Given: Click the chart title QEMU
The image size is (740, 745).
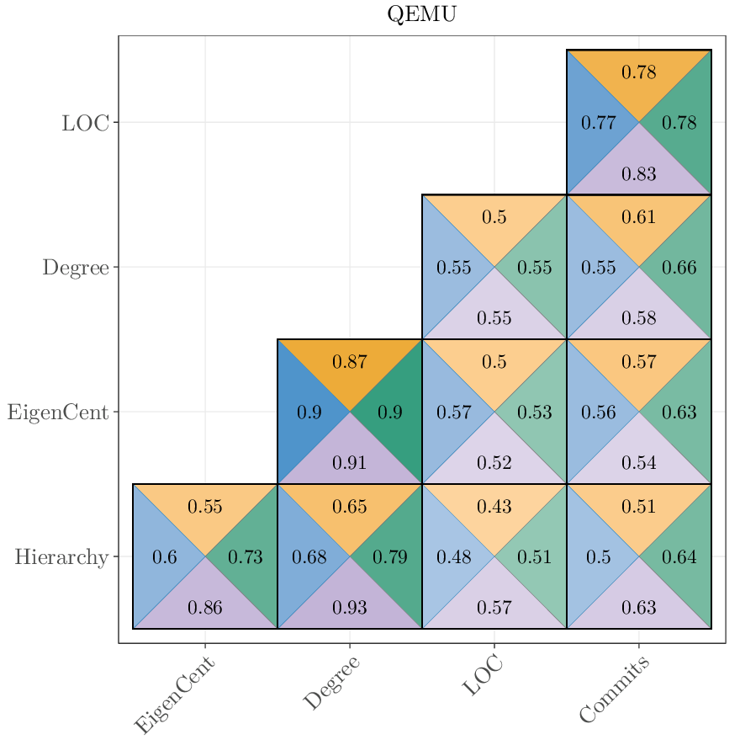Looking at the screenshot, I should point(421,14).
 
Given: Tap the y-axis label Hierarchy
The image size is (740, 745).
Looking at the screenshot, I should point(61,557).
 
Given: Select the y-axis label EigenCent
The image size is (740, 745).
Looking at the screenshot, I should point(58,412).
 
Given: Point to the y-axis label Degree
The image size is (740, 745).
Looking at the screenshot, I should point(76,268).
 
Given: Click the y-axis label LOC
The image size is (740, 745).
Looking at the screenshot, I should point(85,123).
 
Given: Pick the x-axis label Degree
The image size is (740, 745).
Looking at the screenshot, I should point(331,683).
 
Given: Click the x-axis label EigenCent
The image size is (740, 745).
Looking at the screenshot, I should point(175,695).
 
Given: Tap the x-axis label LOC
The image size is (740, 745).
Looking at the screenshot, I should point(483,677).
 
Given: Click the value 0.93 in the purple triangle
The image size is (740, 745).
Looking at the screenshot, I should point(350,607).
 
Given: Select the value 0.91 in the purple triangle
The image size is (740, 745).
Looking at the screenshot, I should point(350,462).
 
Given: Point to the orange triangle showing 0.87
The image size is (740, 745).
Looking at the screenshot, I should point(350,362).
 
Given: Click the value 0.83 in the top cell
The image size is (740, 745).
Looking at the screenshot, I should point(639,174).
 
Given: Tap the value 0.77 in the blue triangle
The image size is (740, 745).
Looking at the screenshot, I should point(599,123).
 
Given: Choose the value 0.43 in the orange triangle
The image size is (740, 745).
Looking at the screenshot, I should point(494,507).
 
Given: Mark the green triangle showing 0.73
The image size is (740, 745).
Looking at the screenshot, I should point(246,557).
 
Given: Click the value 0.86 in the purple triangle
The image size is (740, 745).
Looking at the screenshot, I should point(205,607).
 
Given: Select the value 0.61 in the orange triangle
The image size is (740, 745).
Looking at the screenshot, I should point(639,217).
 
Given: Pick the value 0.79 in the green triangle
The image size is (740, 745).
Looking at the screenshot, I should point(390,557).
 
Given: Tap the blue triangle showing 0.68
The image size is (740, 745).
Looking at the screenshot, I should point(309,557).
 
